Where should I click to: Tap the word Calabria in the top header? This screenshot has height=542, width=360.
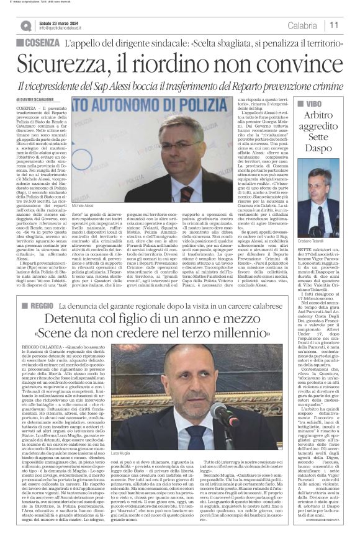coord(302,25)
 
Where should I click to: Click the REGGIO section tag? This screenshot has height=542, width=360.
coord(38,307)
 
